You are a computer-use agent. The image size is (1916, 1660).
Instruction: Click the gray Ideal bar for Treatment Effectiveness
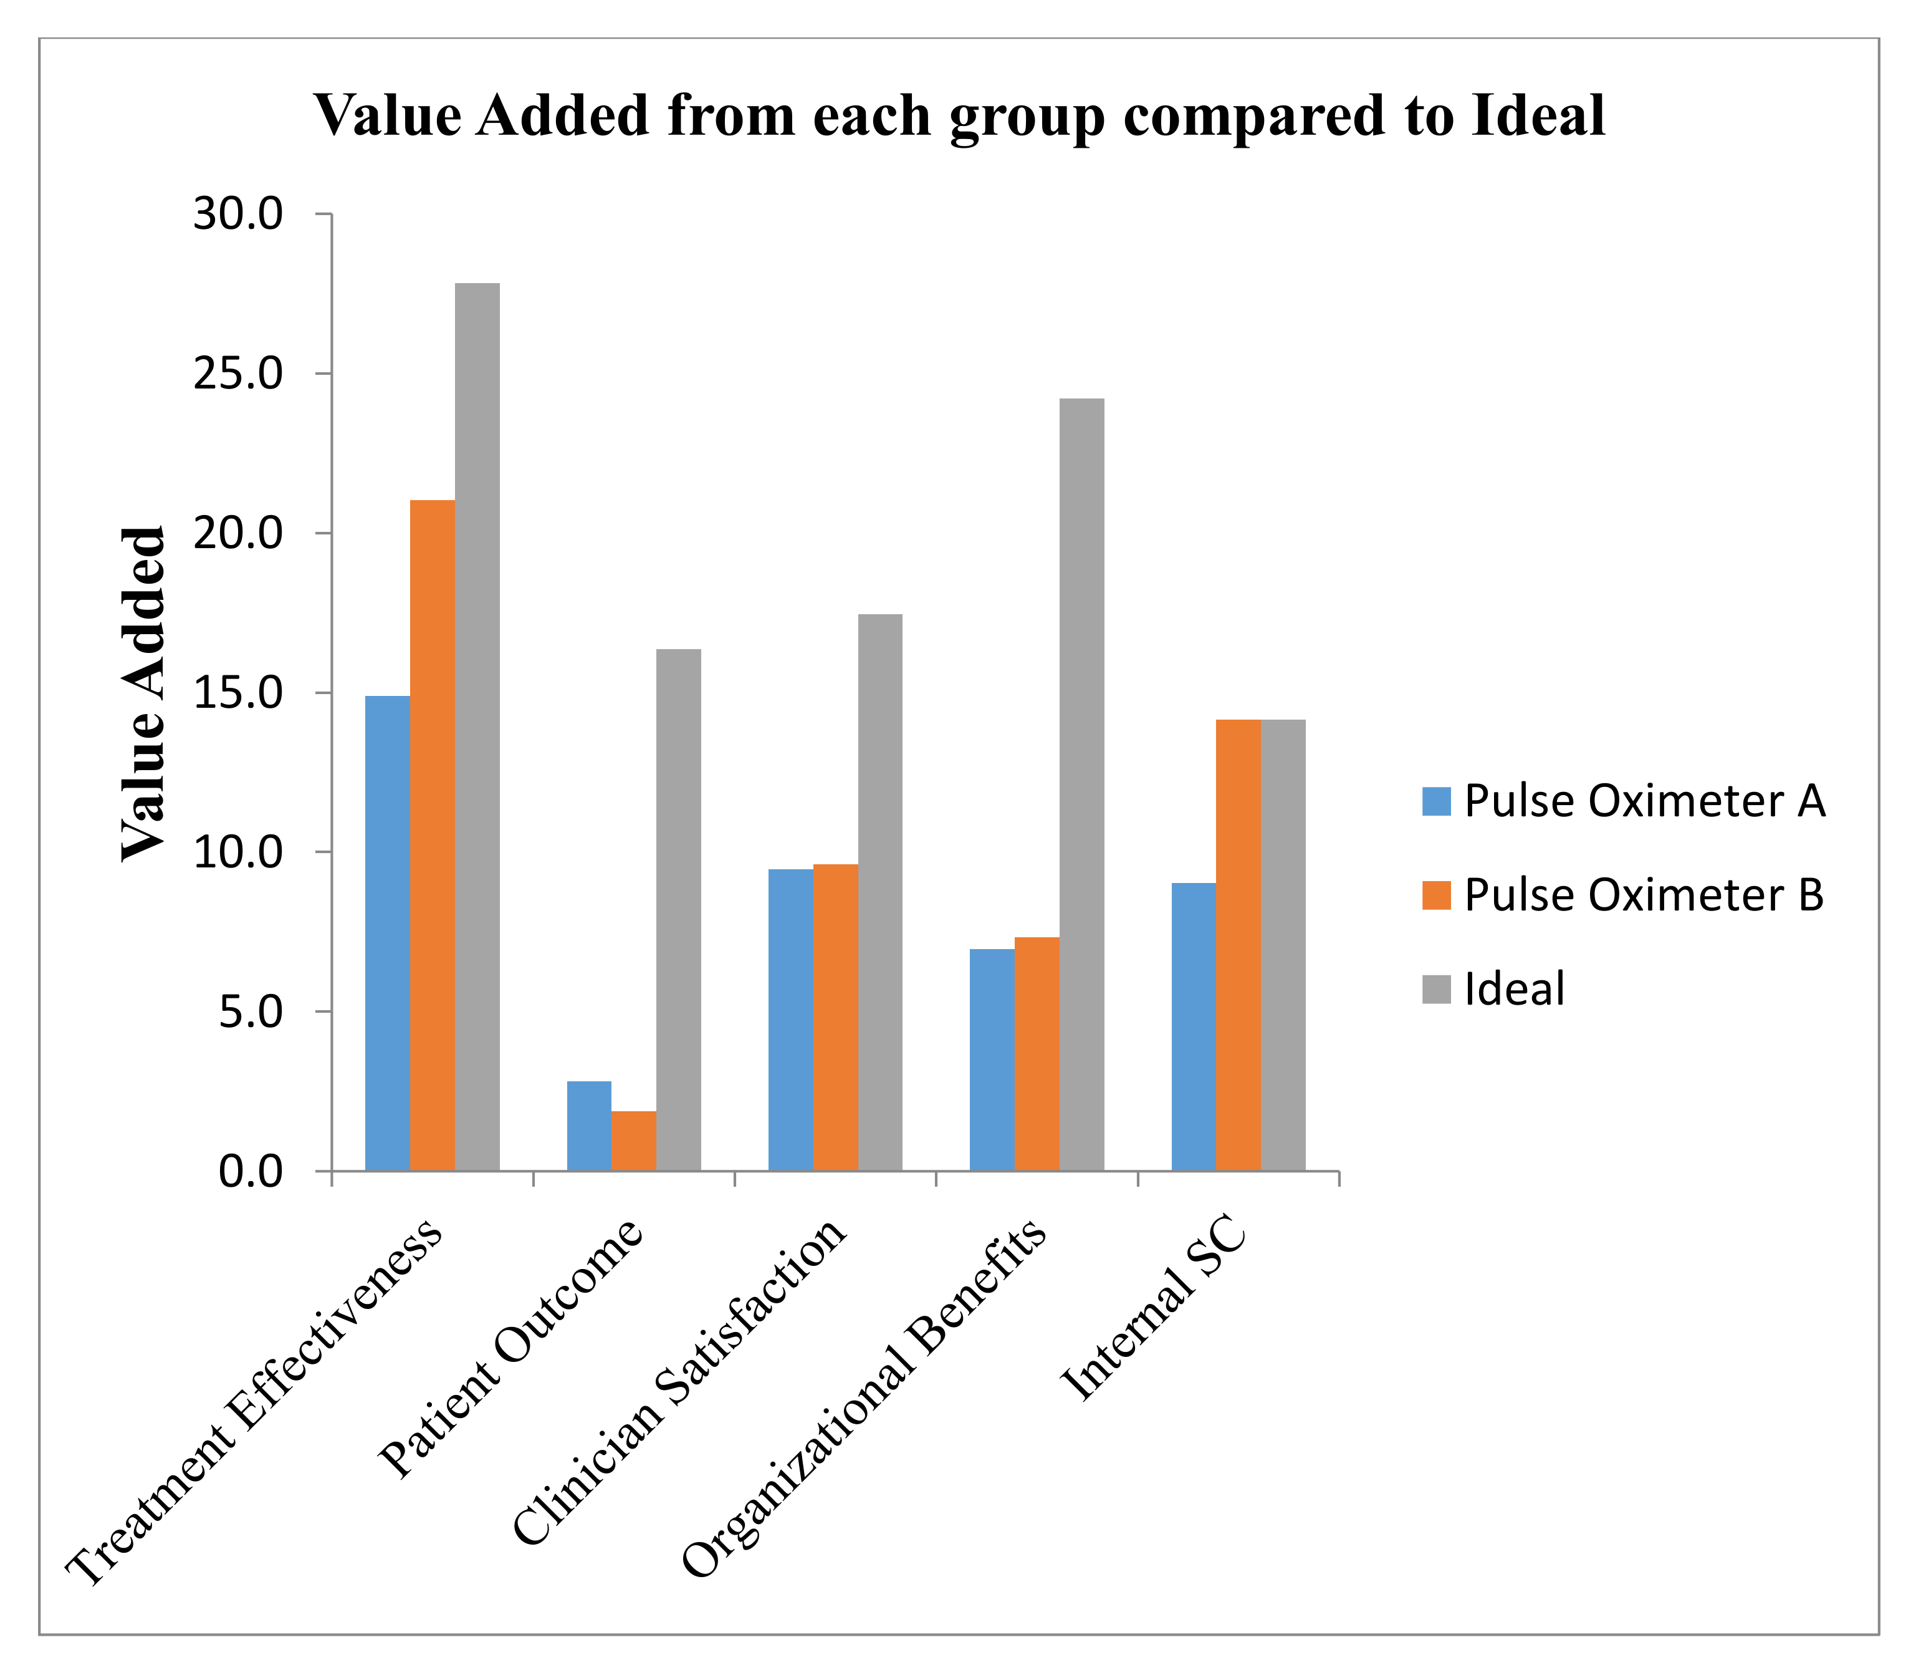(x=477, y=727)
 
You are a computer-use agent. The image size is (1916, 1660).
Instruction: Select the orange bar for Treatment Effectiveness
(x=433, y=834)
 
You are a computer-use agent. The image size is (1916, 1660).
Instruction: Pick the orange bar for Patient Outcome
(x=633, y=1141)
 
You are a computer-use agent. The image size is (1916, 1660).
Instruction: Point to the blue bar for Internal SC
(x=1193, y=1026)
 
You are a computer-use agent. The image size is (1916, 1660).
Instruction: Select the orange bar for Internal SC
(x=1238, y=945)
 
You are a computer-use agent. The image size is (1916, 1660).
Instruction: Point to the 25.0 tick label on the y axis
(x=236, y=374)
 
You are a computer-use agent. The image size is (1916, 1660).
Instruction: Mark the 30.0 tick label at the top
(x=236, y=215)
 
